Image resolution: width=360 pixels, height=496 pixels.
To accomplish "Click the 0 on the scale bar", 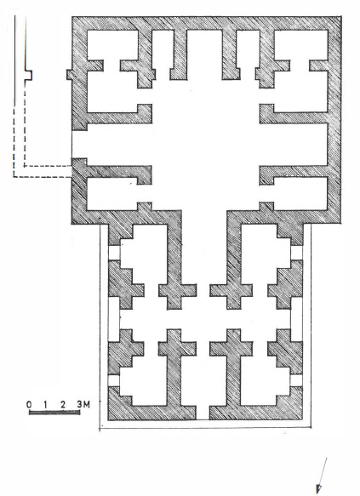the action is point(29,405).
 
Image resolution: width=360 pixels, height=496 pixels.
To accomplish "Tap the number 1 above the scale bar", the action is point(46,405).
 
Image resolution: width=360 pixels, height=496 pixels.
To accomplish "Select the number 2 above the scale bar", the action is point(63,405).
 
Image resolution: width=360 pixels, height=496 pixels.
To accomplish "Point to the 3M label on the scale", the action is point(83,404).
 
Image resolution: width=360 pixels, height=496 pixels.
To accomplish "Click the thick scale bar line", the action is point(54,412).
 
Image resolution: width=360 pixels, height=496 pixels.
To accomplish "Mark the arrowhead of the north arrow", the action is point(319,488).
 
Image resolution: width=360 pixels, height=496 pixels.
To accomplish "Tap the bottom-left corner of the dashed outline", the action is point(14,177).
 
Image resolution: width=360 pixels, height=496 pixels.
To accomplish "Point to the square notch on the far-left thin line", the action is point(29,75).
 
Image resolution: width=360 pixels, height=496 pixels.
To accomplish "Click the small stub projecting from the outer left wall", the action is point(69,75).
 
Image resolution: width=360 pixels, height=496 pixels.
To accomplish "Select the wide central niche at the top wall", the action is point(204,54).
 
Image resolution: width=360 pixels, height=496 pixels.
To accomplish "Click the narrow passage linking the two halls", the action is point(204,247).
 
